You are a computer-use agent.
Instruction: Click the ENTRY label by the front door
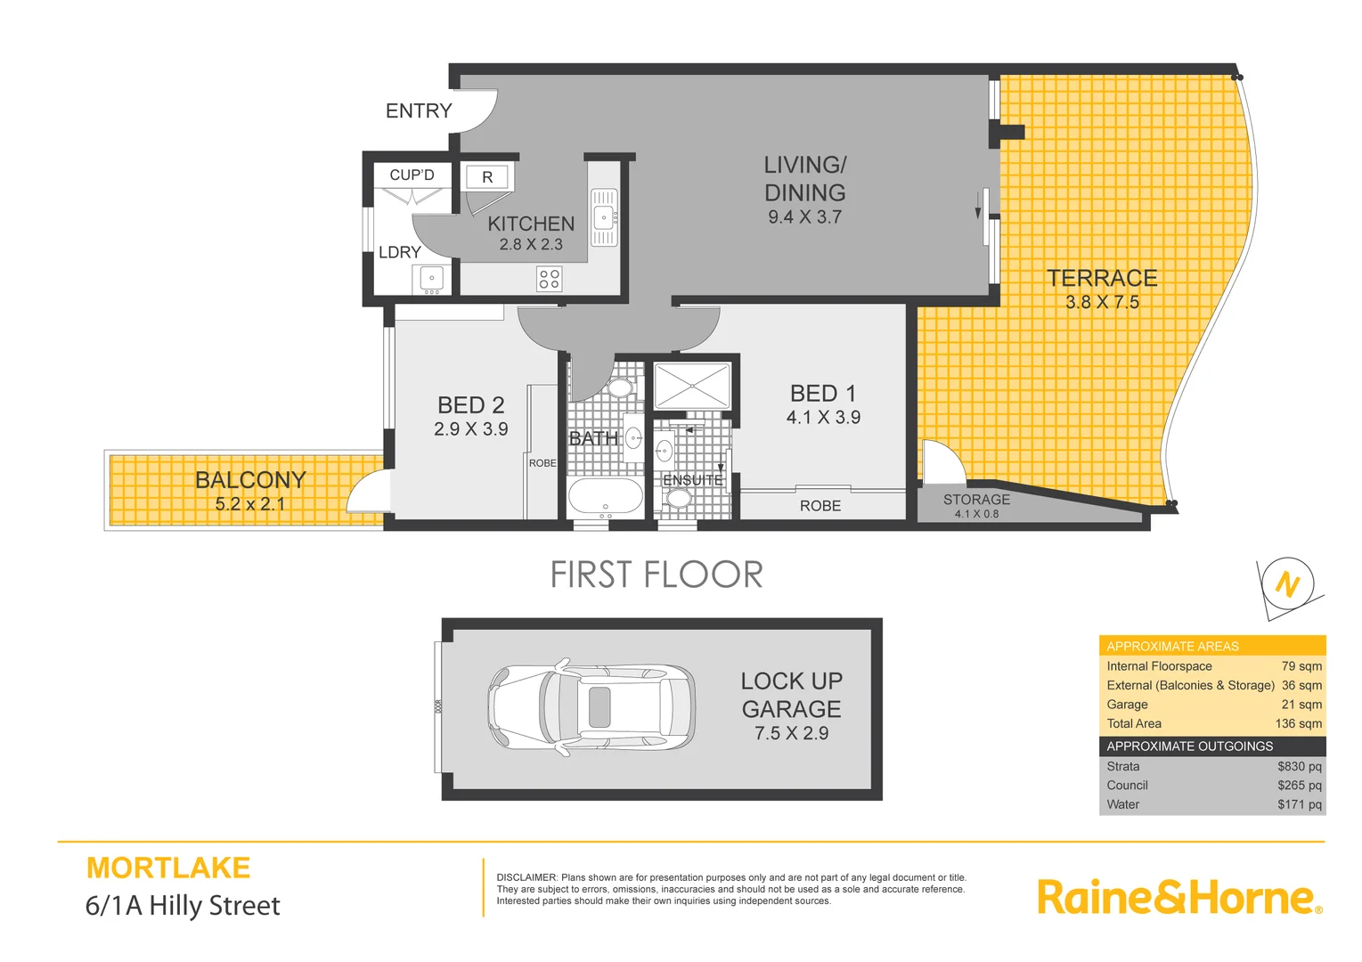pos(419,111)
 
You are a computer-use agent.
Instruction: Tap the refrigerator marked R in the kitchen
pos(487,177)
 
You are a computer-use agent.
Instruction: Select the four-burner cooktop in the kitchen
pos(549,279)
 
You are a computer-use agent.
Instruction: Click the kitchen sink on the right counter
pos(604,216)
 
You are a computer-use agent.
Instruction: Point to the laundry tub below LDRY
pos(432,280)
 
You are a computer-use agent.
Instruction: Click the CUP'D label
pos(412,175)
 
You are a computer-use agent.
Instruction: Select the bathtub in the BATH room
pos(605,498)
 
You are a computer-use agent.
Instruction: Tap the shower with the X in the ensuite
pos(692,386)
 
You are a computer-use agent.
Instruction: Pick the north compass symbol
pos(1288,584)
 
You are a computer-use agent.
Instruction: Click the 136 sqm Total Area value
pos(1298,724)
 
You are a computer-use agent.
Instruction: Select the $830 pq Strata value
pos(1299,767)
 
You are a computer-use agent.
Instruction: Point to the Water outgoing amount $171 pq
pos(1299,804)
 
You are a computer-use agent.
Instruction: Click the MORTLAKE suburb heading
pos(168,868)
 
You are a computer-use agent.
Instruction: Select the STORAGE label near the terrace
pos(976,500)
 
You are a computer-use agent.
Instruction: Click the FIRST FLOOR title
pos(657,575)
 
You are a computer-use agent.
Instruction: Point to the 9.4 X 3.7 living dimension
pos(804,217)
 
